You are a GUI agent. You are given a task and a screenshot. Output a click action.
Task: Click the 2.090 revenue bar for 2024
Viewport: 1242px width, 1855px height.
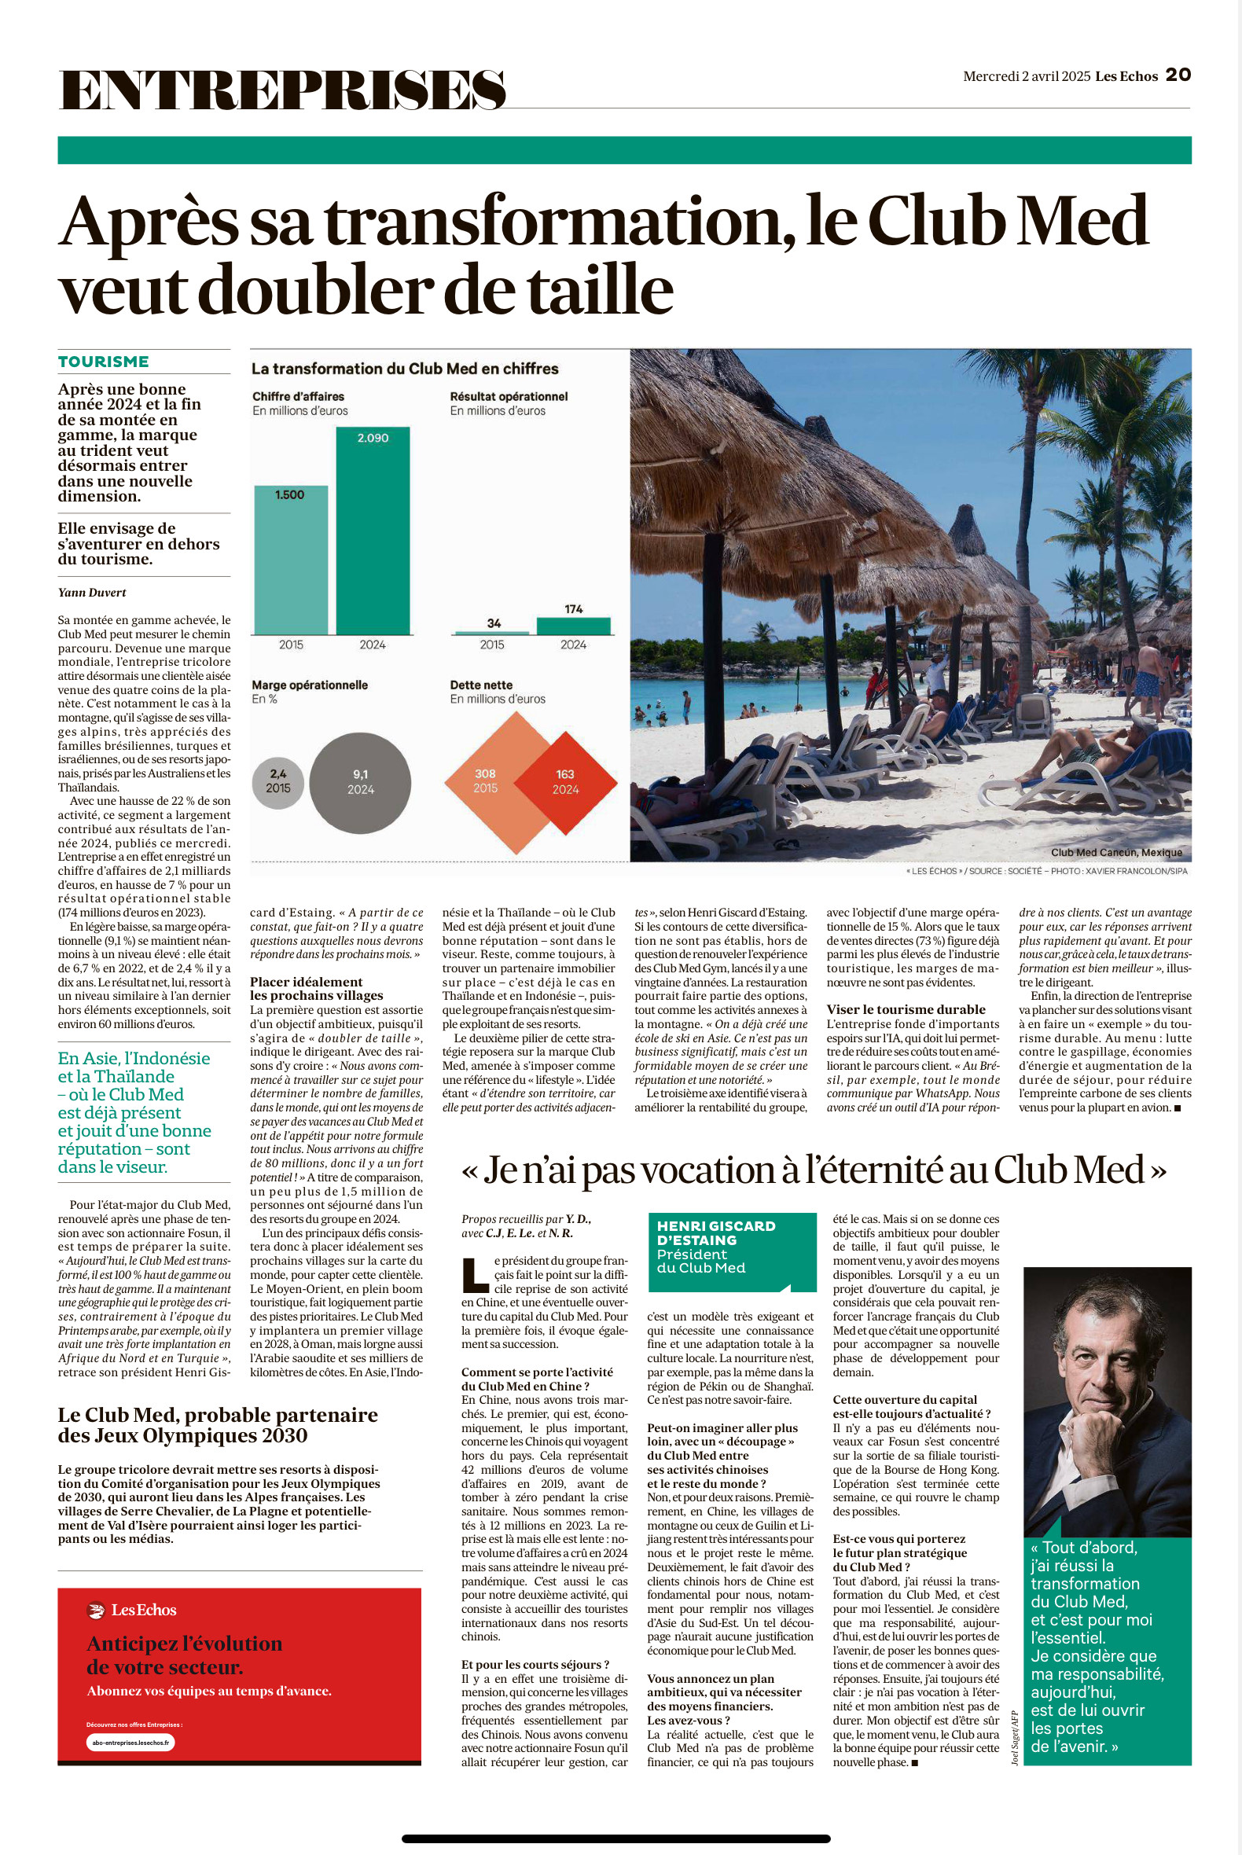[x=373, y=531]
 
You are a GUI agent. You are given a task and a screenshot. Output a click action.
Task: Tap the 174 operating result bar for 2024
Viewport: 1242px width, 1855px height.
[x=574, y=626]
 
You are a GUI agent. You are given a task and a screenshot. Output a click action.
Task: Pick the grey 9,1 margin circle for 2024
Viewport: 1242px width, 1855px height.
[x=360, y=783]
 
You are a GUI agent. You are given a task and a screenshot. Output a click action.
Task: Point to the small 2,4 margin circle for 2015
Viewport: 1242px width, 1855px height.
[x=278, y=782]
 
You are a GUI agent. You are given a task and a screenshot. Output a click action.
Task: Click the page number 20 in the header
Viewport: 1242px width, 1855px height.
[x=1178, y=75]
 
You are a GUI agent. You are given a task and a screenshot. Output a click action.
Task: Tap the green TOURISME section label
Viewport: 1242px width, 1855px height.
[x=103, y=362]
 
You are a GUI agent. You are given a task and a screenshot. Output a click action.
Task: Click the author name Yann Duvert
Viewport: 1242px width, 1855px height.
[x=92, y=593]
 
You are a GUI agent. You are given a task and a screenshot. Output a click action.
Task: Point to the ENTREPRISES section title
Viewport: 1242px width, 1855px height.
[x=282, y=90]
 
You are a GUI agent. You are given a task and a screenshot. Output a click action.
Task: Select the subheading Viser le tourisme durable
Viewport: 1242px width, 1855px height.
[x=906, y=1009]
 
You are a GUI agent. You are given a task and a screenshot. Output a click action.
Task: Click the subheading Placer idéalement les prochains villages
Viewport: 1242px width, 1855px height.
[x=316, y=989]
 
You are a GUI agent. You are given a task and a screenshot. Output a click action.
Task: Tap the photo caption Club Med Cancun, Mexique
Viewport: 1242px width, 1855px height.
[x=1116, y=852]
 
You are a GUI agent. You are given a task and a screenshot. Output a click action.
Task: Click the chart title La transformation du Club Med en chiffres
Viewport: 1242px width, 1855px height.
[x=405, y=369]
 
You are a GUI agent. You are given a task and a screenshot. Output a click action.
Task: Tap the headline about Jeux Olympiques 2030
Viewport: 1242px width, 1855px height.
[x=218, y=1425]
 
